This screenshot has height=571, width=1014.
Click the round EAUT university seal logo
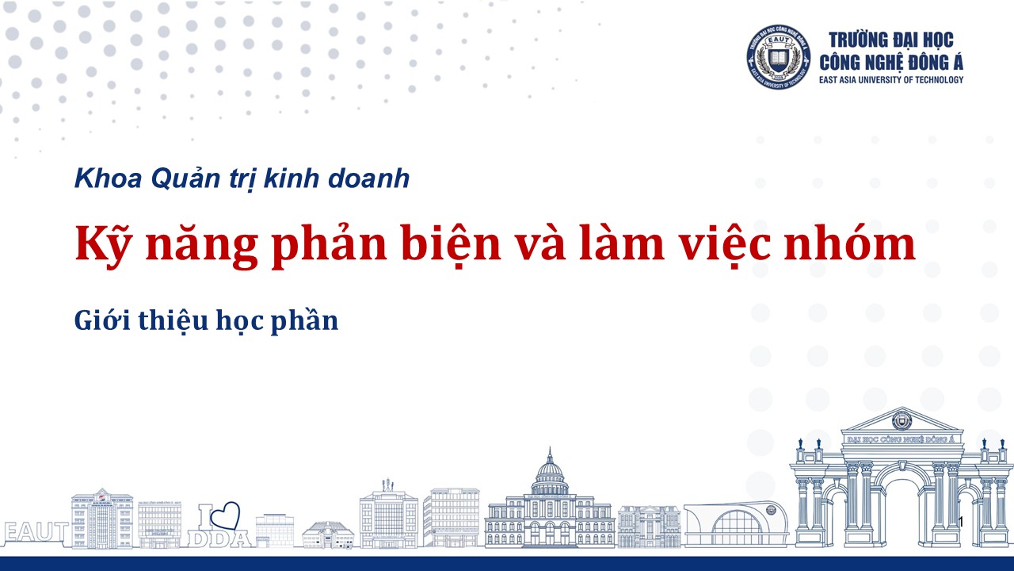click(x=779, y=56)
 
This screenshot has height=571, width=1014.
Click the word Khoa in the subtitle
click(x=109, y=178)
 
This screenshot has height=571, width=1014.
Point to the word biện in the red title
click(x=452, y=244)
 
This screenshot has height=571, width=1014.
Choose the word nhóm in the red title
click(x=850, y=244)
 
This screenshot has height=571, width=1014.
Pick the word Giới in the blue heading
click(x=103, y=321)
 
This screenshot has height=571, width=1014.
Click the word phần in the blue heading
click(x=304, y=321)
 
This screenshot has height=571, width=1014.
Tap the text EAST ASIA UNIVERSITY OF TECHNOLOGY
click(x=891, y=80)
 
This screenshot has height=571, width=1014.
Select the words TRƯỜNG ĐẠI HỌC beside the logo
click(x=891, y=40)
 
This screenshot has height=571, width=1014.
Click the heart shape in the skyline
click(x=225, y=515)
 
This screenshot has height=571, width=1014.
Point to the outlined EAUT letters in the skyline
click(x=36, y=531)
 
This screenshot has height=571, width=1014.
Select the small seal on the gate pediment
click(x=902, y=421)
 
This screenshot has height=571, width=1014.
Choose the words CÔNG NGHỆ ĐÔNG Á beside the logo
click(x=891, y=63)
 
